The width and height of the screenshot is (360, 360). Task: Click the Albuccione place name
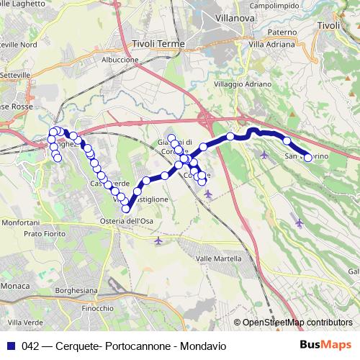pyautogui.click(x=120, y=60)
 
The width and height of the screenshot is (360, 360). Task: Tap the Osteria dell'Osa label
pyautogui.click(x=127, y=220)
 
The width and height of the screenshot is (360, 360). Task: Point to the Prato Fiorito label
pyautogui.click(x=45, y=234)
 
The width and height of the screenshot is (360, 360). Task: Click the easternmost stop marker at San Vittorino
pyautogui.click(x=307, y=157)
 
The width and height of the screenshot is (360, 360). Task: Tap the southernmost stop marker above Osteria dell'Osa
pyautogui.click(x=126, y=209)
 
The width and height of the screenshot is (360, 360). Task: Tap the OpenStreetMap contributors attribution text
pyautogui.click(x=297, y=323)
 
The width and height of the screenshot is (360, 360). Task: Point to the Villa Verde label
pyautogui.click(x=23, y=322)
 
